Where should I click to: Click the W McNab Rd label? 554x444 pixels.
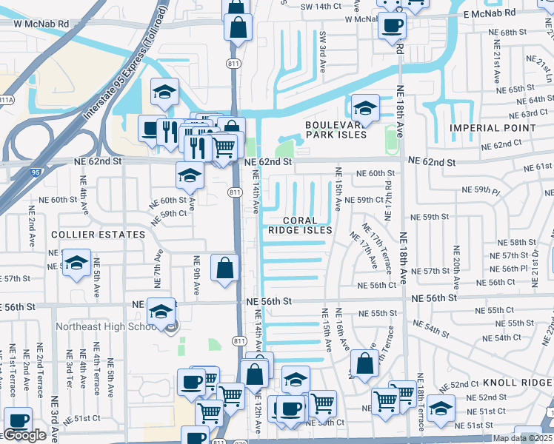pos(41,24)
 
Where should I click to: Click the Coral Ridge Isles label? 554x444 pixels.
pos(308,225)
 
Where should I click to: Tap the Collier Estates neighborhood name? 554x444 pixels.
pos(97,235)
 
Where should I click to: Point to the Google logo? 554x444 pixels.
pos(24,435)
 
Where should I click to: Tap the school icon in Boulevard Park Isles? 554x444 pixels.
pos(364,109)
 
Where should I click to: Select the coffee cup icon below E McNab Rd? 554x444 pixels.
pos(392,26)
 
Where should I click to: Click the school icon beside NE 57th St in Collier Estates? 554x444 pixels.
pos(76,263)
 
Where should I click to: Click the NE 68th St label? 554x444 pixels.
pos(518,33)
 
